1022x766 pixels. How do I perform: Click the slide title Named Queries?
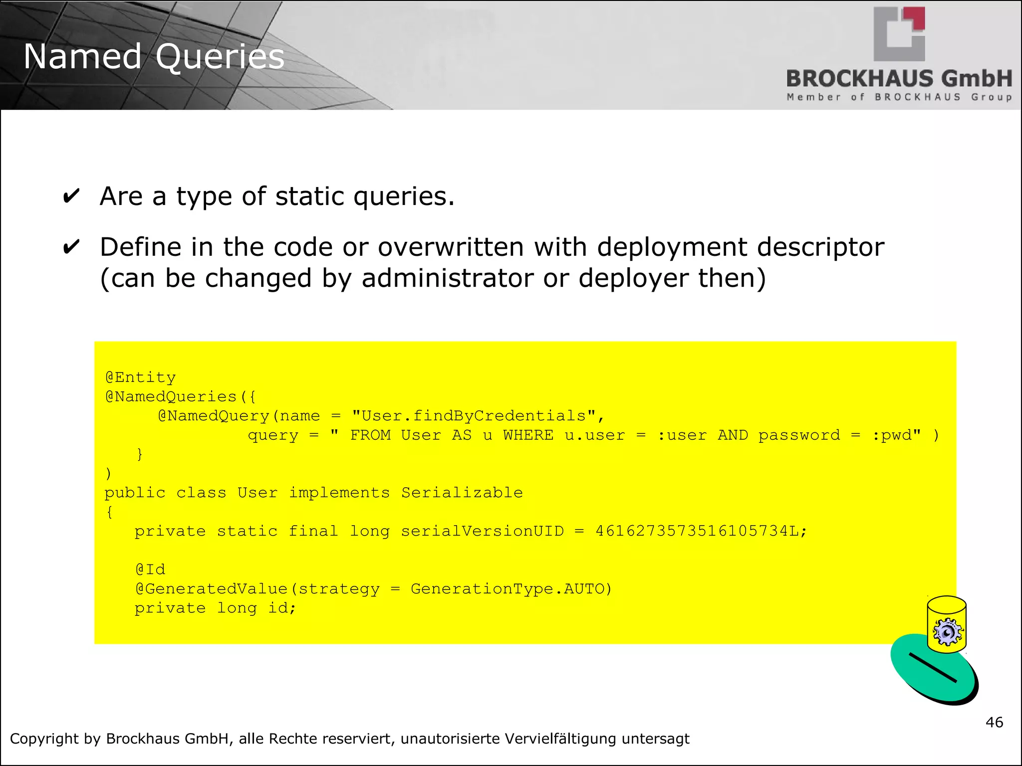tap(154, 56)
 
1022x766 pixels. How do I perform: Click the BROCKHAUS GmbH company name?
tap(899, 79)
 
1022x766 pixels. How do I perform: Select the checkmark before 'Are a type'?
tap(71, 196)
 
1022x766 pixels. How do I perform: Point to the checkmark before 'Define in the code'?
tap(71, 247)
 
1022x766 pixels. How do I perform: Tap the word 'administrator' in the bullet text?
tap(447, 278)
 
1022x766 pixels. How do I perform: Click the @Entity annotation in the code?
tap(140, 378)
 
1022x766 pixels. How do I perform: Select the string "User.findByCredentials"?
tap(474, 416)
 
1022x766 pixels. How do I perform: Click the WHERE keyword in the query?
tap(528, 435)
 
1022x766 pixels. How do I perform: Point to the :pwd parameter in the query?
tap(896, 435)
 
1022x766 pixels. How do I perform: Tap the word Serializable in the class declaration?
tap(462, 493)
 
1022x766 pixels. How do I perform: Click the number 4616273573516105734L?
tap(701, 531)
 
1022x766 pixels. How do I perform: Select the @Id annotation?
tap(150, 570)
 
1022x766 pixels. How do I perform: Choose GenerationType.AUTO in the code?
tap(511, 589)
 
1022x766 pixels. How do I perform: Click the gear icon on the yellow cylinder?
tap(947, 632)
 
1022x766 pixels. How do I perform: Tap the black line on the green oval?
tap(932, 667)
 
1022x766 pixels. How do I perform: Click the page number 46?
tap(994, 722)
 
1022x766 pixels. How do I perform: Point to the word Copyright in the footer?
tap(44, 739)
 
